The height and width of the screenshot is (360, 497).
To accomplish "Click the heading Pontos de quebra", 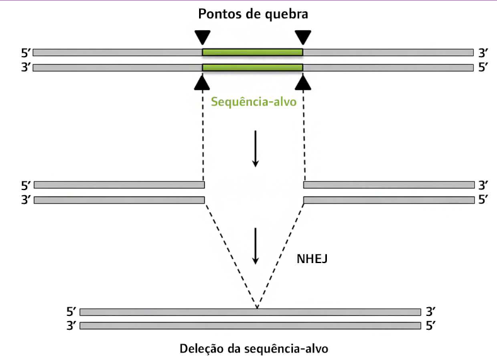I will tap(253, 13).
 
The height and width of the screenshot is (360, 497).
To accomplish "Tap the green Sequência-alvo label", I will tap(254, 101).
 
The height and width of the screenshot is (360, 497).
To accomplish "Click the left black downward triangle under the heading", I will tap(202, 37).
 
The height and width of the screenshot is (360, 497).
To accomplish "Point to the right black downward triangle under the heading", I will tap(303, 37).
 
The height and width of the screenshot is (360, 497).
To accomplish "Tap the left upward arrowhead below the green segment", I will tap(202, 82).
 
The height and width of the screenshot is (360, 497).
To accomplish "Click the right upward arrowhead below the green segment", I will tap(304, 82).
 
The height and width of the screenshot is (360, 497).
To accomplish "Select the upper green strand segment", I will tap(252, 52).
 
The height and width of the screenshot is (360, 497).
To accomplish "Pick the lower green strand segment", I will tap(252, 67).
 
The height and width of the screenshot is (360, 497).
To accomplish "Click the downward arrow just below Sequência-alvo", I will tap(255, 148).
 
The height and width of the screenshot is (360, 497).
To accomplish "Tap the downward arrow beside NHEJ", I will tap(255, 245).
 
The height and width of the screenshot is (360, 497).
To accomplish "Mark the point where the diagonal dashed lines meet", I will tap(256, 308).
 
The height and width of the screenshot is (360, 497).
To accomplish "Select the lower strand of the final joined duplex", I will tap(250, 326).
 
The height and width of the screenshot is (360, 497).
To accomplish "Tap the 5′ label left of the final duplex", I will tap(71, 312).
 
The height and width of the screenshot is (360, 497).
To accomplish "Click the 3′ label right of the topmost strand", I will tap(483, 52).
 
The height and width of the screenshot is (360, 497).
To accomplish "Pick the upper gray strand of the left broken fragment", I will tap(119, 185).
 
